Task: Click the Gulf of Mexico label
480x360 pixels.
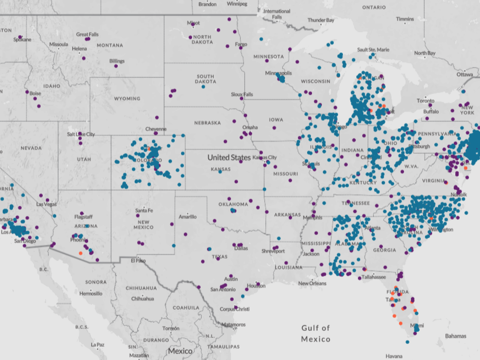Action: (316, 333)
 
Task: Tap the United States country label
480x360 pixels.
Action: (229, 157)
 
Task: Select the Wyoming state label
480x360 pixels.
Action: (127, 99)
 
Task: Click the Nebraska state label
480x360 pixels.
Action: (207, 123)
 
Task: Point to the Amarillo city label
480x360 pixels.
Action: (187, 217)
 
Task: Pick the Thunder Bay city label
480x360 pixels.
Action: (321, 20)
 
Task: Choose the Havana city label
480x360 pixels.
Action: (394, 356)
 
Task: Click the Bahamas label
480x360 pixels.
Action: (456, 336)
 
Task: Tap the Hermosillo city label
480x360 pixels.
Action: (91, 294)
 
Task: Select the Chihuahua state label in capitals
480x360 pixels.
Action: (141, 288)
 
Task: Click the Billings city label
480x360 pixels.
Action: (117, 61)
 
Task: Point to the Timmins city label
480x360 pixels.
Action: (405, 19)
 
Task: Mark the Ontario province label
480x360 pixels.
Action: (374, 7)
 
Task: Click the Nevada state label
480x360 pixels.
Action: (31, 148)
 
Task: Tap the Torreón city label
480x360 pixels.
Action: (171, 328)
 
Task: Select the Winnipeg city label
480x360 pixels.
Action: (237, 4)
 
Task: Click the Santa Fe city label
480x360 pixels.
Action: (144, 210)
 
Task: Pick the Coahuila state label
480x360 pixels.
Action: (186, 308)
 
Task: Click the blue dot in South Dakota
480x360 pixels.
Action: (203, 87)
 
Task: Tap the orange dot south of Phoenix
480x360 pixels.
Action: (81, 253)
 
